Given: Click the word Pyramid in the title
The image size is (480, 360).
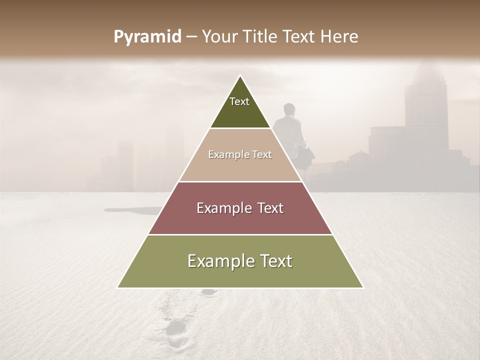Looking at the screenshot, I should pyautogui.click(x=147, y=37).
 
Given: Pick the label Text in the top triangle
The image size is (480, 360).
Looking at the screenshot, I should pyautogui.click(x=239, y=101).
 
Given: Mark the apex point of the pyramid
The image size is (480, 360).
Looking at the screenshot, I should pyautogui.click(x=240, y=75).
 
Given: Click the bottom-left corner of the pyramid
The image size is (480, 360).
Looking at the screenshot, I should pyautogui.click(x=118, y=287).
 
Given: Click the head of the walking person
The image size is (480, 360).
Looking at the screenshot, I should pyautogui.click(x=288, y=109).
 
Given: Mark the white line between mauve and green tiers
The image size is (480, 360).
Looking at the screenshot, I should pyautogui.click(x=240, y=234).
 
